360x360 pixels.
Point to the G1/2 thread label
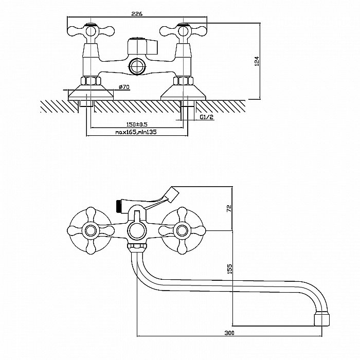point(206,117)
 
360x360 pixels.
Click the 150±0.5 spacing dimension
point(137,124)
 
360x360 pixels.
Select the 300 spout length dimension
point(230,333)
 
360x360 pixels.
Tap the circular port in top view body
point(136,65)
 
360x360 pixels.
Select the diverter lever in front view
point(165,196)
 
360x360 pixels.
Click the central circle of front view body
point(136,230)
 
